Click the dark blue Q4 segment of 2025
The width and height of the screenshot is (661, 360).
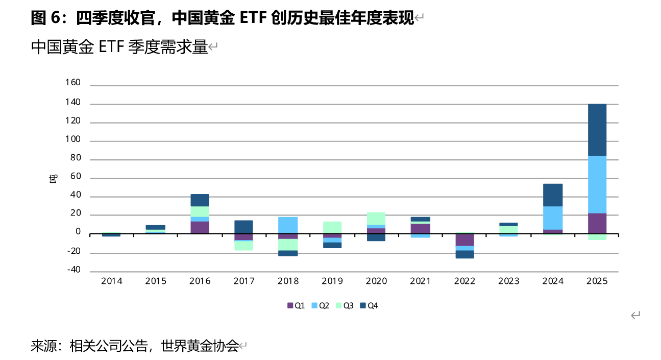point(597,130)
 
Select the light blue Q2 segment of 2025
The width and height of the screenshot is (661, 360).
point(597,184)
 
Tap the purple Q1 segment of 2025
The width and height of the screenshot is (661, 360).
point(597,224)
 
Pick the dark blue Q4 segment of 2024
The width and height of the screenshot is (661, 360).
point(553,195)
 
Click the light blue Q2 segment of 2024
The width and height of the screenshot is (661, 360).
point(553,218)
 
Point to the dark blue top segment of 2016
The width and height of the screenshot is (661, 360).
point(200,200)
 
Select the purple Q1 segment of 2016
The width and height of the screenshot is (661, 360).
point(200,228)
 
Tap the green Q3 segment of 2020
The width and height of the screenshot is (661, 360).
point(376,219)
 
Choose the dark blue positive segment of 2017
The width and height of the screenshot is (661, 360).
point(243,227)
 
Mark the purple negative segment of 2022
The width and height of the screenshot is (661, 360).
point(464,240)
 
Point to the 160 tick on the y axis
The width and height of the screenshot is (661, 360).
point(74,83)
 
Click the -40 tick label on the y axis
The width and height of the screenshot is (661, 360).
point(74,270)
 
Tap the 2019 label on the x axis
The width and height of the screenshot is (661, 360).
point(332,281)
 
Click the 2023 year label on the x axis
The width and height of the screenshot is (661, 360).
point(508,281)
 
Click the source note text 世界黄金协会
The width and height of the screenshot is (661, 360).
point(200,346)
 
